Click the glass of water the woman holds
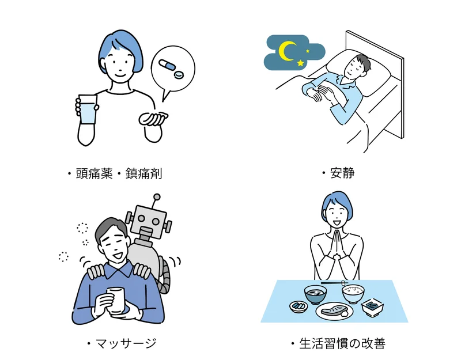pyautogui.click(x=88, y=110)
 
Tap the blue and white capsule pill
pyautogui.click(x=167, y=65)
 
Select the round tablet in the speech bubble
pyautogui.click(x=179, y=75)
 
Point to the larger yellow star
pyautogui.click(x=300, y=63)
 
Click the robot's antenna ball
pyautogui.click(x=157, y=196)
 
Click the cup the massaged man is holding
pyautogui.click(x=116, y=300)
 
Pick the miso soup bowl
pyautogui.click(x=315, y=294)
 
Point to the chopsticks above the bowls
pyautogui.click(x=334, y=283)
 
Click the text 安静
pyautogui.click(x=342, y=173)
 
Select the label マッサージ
pyautogui.click(x=126, y=343)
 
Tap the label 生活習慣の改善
pyautogui.click(x=342, y=343)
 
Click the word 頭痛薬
pyautogui.click(x=95, y=173)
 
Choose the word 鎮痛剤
pyautogui.click(x=143, y=173)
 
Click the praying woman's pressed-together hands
pyautogui.click(x=337, y=243)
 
